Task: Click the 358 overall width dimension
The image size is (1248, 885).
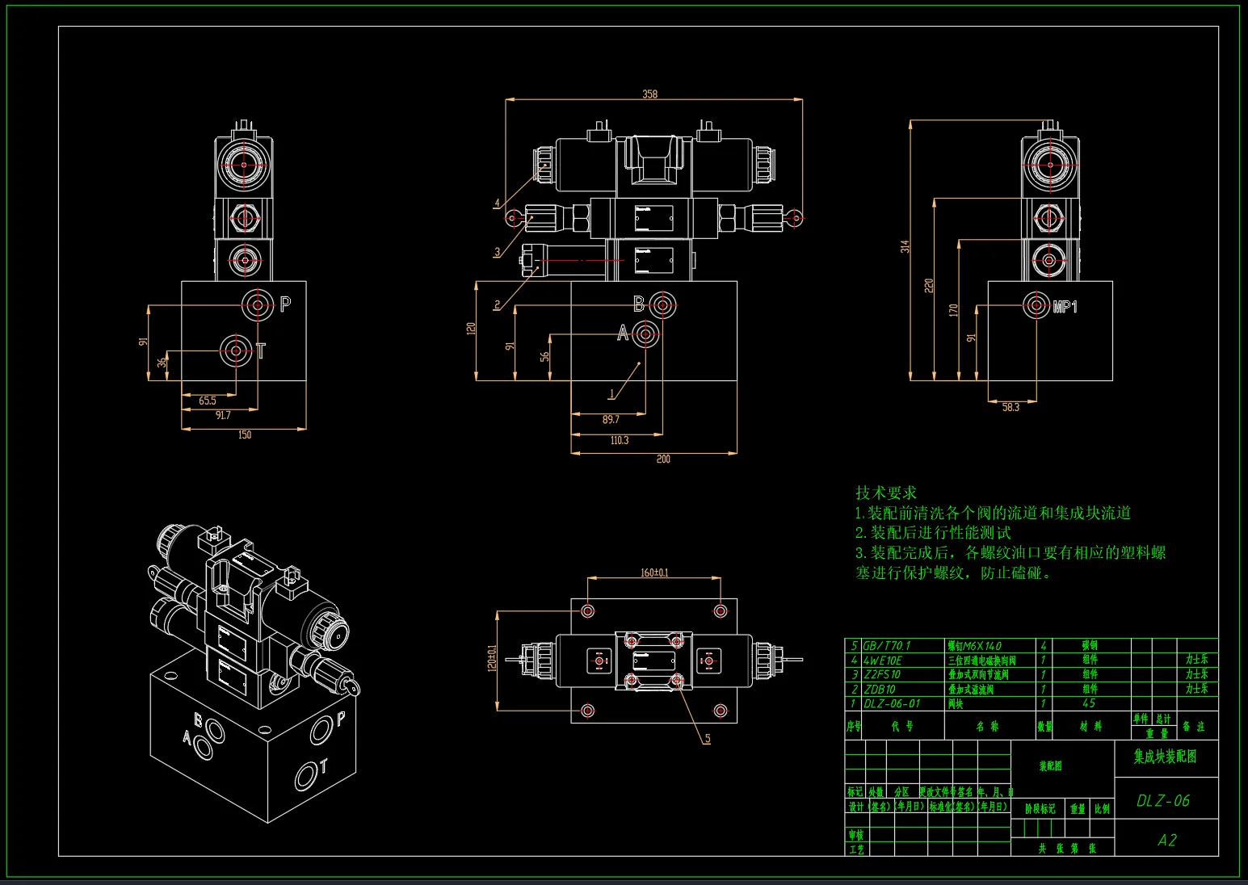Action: tap(649, 94)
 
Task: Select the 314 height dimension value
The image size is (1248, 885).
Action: tap(906, 246)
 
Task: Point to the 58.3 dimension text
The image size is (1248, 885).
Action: tap(1011, 407)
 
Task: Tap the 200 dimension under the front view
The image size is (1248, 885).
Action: tap(662, 459)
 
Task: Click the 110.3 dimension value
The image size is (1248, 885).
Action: tap(619, 440)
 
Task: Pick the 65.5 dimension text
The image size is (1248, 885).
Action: tap(208, 401)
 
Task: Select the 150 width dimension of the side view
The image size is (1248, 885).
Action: tap(245, 434)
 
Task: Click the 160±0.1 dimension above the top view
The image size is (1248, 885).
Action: tap(654, 573)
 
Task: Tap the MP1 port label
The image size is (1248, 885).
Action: tap(1065, 307)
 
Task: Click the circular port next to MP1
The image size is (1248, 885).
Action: tap(1036, 304)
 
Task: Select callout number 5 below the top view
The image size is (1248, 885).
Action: tap(708, 738)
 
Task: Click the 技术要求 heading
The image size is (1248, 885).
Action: tap(886, 493)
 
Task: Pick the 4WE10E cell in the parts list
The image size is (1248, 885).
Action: tap(883, 661)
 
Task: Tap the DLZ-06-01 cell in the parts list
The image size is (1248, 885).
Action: tap(892, 703)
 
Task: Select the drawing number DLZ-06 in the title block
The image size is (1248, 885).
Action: tap(1163, 800)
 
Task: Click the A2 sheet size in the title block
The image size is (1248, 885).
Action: tap(1166, 840)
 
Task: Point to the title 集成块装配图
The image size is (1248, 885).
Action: tap(1165, 757)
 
